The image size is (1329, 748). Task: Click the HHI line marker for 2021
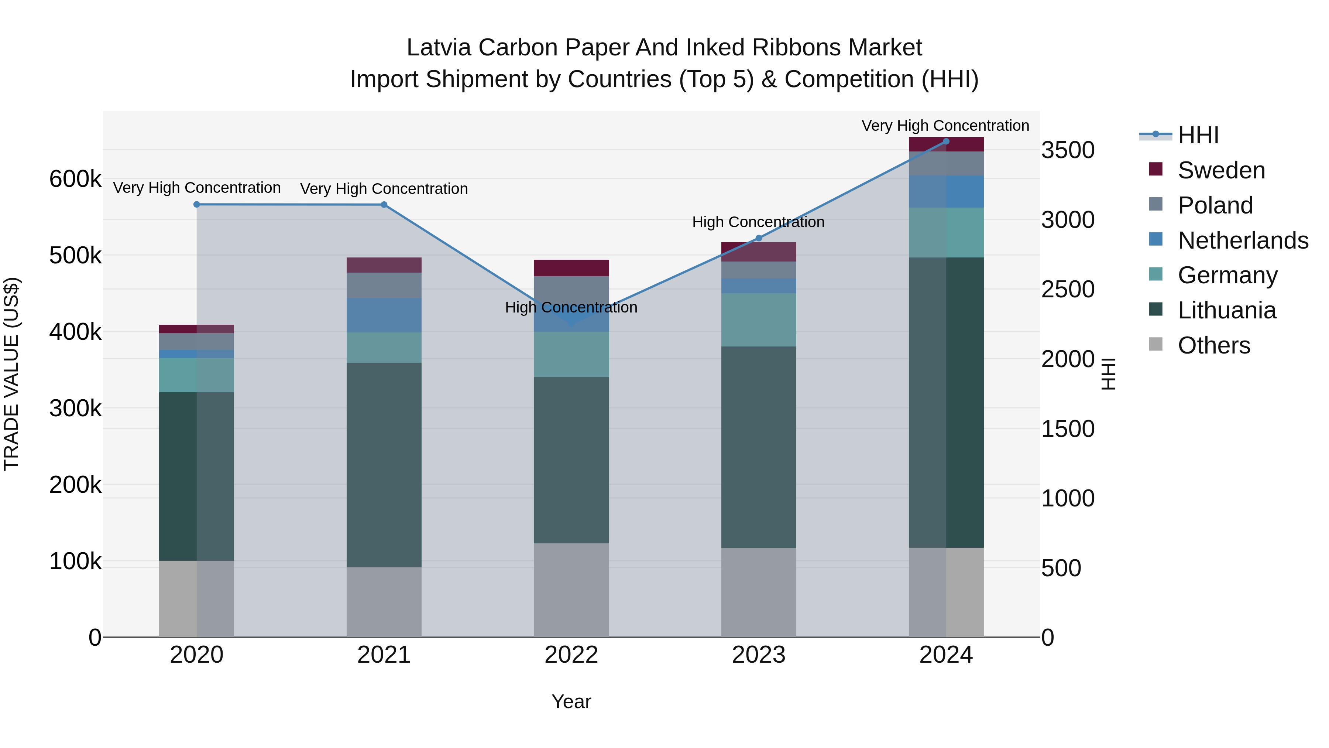(384, 205)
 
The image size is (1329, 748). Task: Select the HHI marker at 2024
(946, 141)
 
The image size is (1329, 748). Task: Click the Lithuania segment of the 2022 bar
(571, 460)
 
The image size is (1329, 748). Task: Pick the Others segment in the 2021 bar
(384, 602)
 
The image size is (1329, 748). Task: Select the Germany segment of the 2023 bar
(758, 320)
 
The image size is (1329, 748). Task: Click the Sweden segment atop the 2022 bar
(571, 268)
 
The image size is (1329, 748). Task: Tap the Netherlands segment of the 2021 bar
(384, 315)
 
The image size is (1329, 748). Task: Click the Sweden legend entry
(1221, 170)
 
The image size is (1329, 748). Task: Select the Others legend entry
(1213, 345)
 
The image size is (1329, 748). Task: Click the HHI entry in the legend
(1198, 135)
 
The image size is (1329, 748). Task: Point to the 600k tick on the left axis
(75, 179)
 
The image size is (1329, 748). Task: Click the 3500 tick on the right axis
(1067, 150)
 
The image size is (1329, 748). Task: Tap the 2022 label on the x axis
(571, 655)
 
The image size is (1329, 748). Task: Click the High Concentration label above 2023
(758, 222)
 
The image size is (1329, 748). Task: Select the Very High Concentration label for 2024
(945, 126)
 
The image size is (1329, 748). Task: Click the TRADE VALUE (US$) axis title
(11, 374)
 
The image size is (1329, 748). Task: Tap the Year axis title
(571, 701)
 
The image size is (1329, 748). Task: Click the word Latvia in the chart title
(439, 48)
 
